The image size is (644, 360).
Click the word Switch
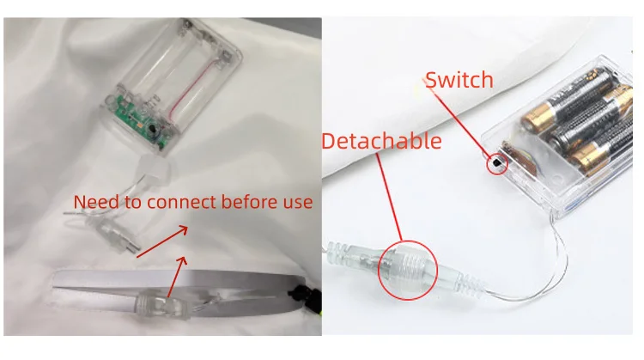[459, 80]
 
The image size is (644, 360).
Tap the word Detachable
[381, 141]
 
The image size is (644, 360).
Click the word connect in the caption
[181, 202]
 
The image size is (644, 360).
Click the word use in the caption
[298, 203]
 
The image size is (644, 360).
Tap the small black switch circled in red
[496, 162]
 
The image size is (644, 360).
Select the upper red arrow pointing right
[162, 241]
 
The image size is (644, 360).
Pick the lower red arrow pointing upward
[178, 277]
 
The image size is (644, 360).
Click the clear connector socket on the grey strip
[162, 305]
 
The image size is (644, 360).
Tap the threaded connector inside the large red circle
[408, 268]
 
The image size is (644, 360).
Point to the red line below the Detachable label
[389, 198]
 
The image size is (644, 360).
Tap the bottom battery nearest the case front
[605, 146]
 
